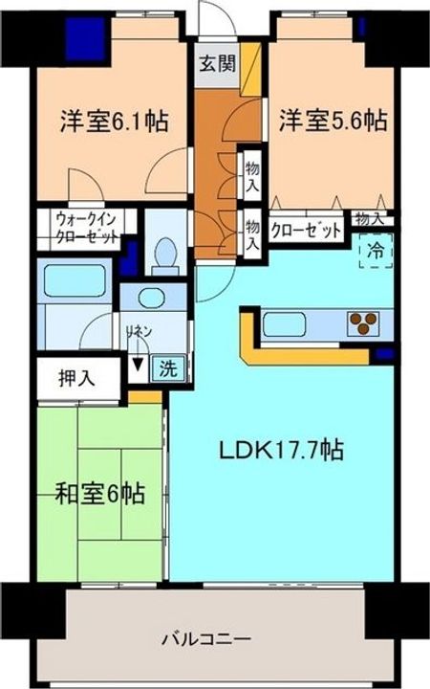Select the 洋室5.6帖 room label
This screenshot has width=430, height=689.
[333, 122]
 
